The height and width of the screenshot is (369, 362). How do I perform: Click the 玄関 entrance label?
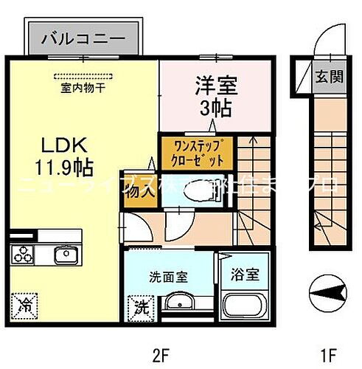pyautogui.click(x=329, y=75)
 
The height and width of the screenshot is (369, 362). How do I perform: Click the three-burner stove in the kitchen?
pyautogui.click(x=22, y=256)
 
